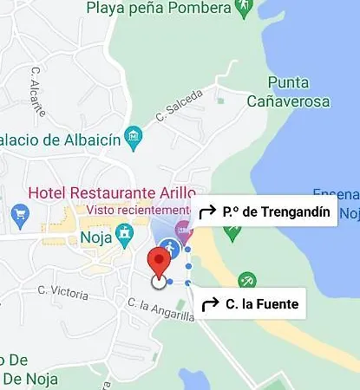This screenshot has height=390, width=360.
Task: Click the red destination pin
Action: [x=158, y=261]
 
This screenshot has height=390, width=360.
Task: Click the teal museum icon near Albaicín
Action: [x=133, y=135]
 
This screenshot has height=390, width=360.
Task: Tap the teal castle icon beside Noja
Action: [x=126, y=232]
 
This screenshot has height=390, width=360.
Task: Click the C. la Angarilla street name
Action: [x=160, y=311]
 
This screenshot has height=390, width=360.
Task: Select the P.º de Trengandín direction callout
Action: [x=265, y=211]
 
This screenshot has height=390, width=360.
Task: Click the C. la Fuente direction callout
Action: [x=250, y=303]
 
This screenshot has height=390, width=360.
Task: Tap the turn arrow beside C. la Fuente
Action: [x=209, y=304]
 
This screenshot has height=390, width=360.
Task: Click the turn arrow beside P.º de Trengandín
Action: [x=207, y=211]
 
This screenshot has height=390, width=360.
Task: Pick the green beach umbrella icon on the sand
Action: [x=247, y=280]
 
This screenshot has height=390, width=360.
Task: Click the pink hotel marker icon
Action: [x=182, y=231]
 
